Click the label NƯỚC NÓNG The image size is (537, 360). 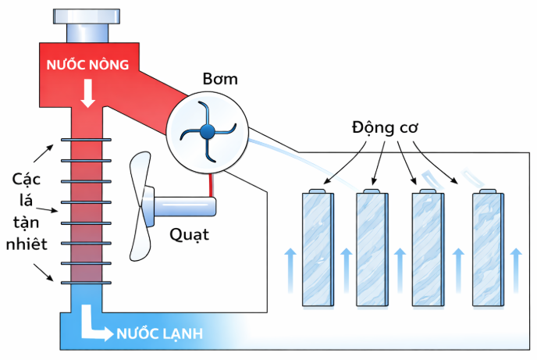87,64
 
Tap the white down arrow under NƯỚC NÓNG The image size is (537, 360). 87,94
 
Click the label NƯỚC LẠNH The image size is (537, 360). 160,334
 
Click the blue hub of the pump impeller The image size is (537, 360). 207,130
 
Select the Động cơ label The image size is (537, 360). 383,127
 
